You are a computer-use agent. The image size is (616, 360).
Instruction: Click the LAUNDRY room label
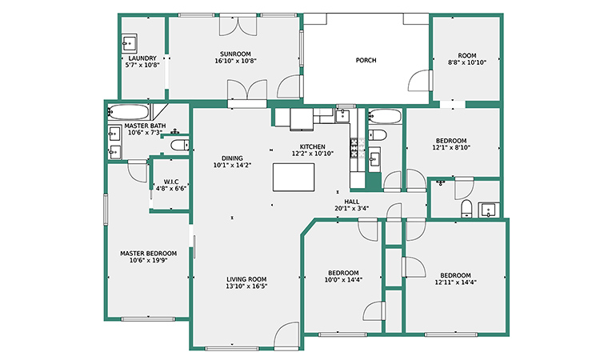pos(142,58)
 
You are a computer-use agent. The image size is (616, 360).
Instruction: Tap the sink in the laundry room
pos(129,43)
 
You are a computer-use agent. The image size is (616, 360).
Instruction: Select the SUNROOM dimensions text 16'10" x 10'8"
pos(236,61)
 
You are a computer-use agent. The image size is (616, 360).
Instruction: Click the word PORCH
pos(366,60)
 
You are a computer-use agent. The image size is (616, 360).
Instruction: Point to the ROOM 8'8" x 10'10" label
pos(467,59)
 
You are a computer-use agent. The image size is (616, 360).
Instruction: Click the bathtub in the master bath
pos(128,112)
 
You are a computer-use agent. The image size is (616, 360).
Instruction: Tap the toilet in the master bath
pos(180,145)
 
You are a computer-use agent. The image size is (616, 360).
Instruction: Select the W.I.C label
pos(171,182)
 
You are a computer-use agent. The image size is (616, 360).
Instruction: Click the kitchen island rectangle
pos(294,178)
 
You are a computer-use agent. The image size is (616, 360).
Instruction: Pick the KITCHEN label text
pos(313,146)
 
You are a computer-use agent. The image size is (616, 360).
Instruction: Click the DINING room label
pos(232,158)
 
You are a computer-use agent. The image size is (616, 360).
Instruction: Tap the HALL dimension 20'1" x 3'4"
pos(352,209)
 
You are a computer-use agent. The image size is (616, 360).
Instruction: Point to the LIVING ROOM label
pos(246,279)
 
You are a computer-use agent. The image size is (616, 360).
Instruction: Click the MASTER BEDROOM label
pos(149,254)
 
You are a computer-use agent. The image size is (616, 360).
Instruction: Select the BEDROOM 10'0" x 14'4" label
pos(343,276)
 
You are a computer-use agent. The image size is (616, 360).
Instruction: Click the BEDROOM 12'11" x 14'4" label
pos(456,278)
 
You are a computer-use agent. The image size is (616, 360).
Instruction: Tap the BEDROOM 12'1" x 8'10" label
pos(451,144)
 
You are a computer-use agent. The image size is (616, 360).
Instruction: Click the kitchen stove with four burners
pos(354,148)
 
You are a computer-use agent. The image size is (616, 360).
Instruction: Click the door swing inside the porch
pos(420,81)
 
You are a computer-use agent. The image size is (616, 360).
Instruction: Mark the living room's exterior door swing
pos(286,335)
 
